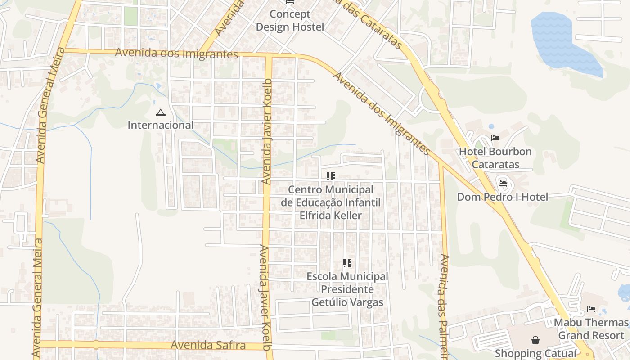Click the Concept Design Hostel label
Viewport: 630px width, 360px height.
point(290,21)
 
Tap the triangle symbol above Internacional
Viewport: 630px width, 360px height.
point(160,112)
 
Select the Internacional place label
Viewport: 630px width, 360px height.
point(160,125)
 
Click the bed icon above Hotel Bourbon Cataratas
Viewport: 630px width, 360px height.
point(495,138)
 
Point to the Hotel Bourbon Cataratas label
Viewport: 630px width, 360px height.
point(495,158)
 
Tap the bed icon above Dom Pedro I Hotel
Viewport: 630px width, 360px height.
point(503,183)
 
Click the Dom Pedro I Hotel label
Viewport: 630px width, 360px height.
point(503,197)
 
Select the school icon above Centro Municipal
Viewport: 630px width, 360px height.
point(331,176)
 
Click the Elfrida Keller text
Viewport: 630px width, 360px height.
point(330,216)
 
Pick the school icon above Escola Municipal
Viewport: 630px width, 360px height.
point(347,263)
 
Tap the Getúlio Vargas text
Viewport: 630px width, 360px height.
point(347,302)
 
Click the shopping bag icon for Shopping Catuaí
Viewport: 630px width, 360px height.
point(535,340)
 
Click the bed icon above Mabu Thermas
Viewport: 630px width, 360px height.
point(591,309)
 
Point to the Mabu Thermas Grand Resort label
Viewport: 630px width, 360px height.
point(591,329)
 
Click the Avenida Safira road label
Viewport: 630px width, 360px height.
point(208,346)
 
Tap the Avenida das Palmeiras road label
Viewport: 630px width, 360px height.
point(445,306)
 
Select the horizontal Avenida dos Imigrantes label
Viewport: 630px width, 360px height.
point(176,53)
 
